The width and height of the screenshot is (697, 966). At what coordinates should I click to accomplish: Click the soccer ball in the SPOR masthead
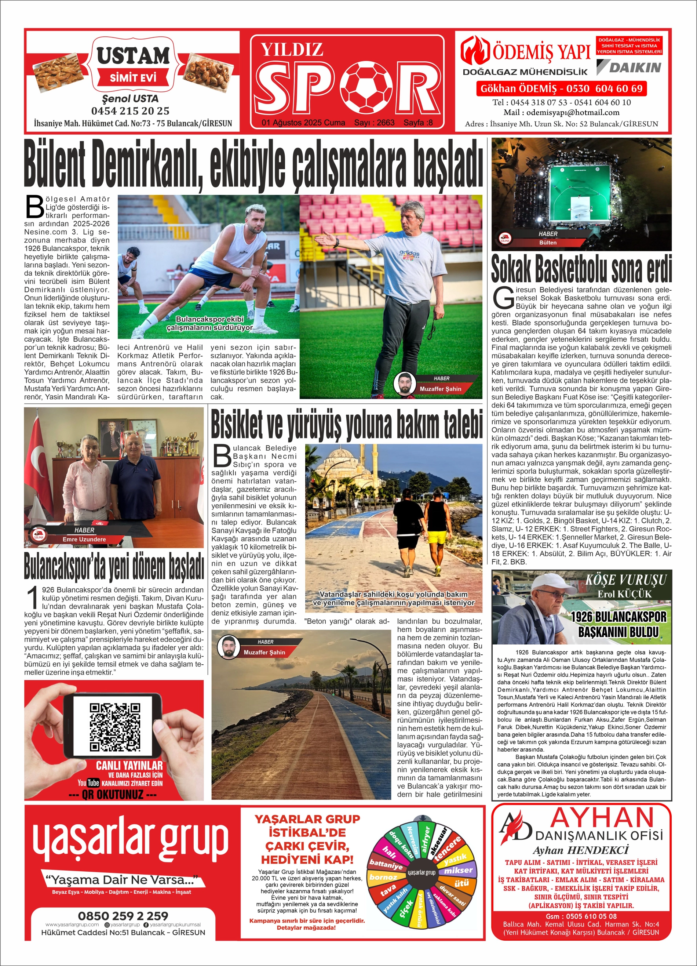pos(369,87)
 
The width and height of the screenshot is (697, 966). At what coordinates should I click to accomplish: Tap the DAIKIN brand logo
pos(629,67)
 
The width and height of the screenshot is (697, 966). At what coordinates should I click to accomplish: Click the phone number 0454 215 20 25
pos(130,111)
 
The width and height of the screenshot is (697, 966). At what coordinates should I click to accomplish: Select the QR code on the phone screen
pos(114,727)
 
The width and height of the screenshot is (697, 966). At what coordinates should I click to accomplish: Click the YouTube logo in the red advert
pos(88,783)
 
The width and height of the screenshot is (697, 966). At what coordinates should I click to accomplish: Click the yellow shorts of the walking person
pos(437,538)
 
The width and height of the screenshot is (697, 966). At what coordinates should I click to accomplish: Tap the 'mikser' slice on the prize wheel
pos(458,870)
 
